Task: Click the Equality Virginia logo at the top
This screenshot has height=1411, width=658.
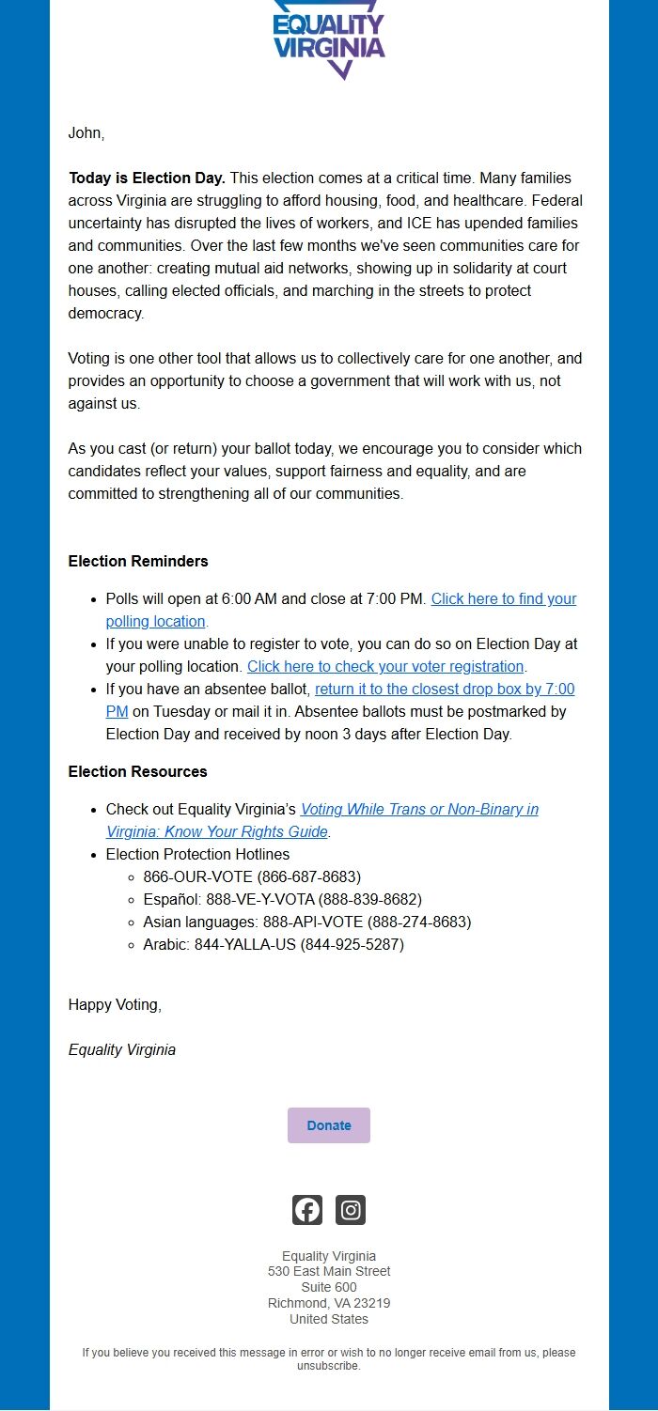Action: click(329, 39)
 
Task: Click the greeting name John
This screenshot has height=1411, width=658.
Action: click(86, 133)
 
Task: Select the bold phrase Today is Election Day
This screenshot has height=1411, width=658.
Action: click(147, 178)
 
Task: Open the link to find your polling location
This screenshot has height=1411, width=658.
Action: click(503, 599)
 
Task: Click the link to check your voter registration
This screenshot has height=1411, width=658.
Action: click(384, 667)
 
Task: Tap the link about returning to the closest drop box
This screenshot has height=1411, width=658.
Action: click(444, 690)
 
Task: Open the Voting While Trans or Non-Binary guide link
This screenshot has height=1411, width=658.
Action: click(419, 810)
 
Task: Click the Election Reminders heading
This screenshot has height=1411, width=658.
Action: click(138, 562)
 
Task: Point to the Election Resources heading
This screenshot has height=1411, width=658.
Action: click(137, 772)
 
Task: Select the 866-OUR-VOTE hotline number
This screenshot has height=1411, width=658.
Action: click(252, 877)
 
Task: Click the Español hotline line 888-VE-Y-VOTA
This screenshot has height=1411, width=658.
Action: click(282, 900)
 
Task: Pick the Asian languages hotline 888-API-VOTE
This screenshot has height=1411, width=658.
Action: click(306, 923)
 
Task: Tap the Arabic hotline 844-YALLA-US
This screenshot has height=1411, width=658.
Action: click(273, 945)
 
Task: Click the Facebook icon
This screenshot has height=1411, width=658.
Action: click(307, 1210)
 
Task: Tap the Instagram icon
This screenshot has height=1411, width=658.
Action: click(351, 1210)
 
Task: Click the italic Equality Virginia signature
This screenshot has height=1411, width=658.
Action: click(122, 1050)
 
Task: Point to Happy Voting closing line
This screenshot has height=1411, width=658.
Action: click(115, 1005)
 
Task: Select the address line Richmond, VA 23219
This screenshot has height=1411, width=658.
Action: click(329, 1304)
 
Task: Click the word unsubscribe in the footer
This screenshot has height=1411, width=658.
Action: click(328, 1366)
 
